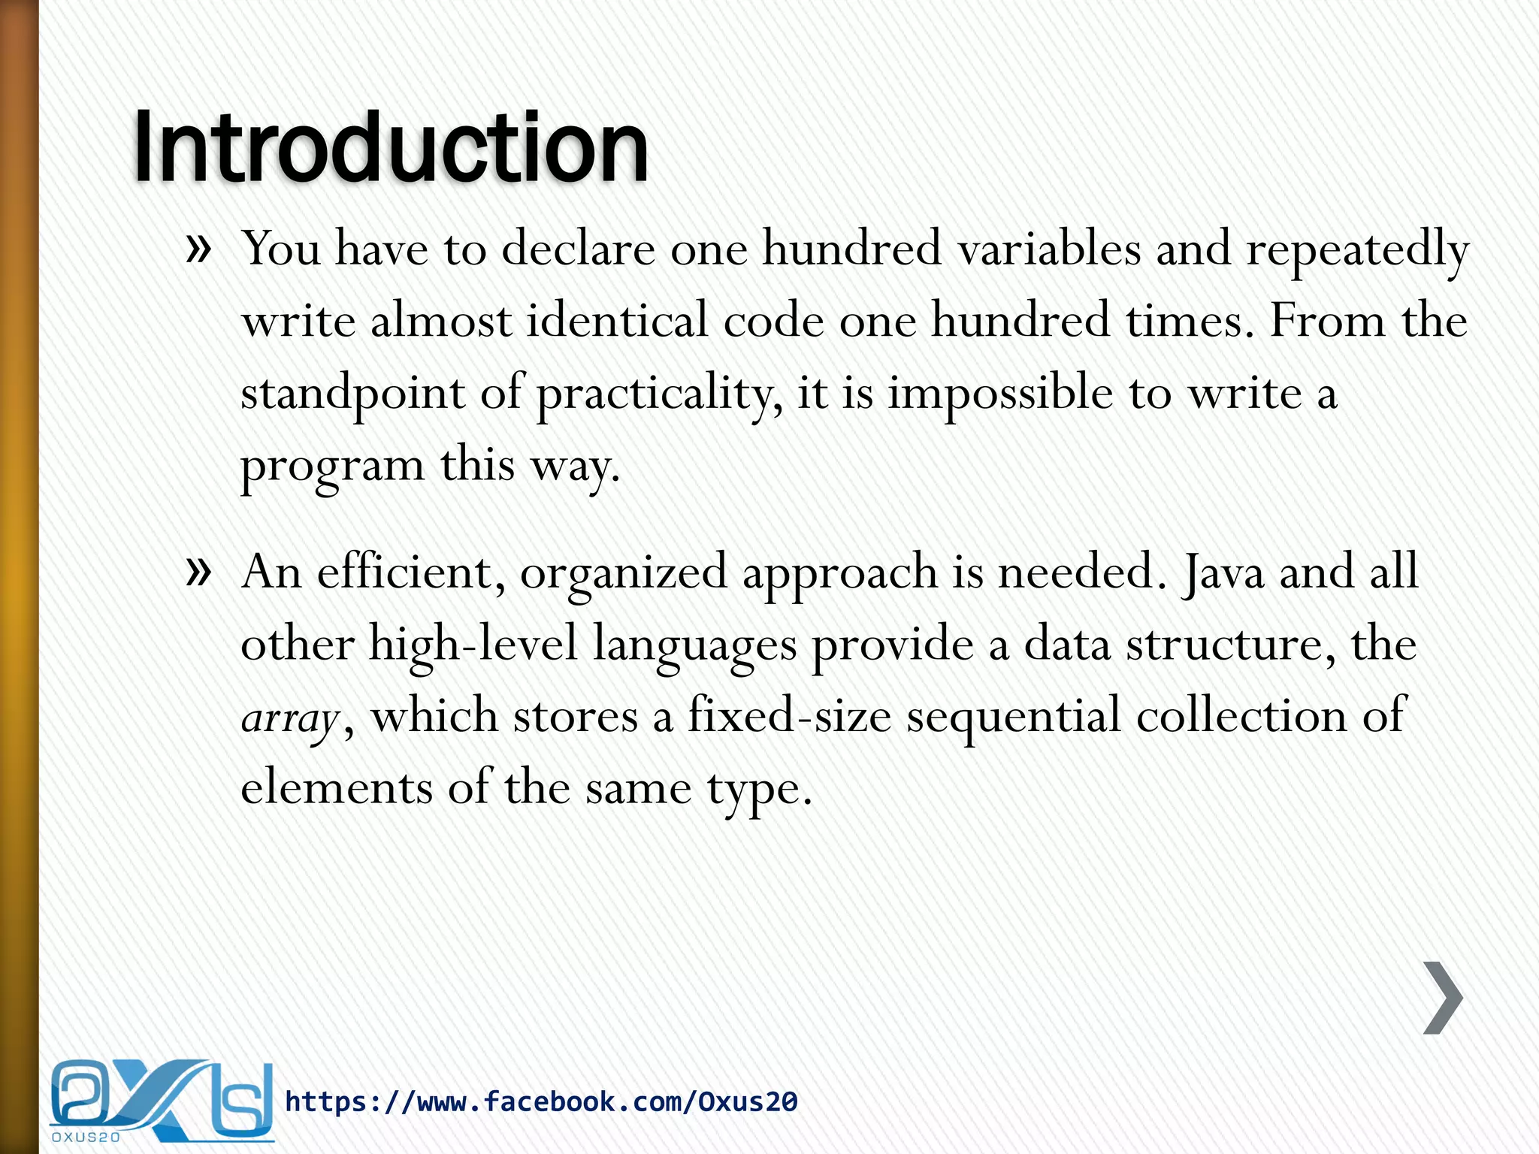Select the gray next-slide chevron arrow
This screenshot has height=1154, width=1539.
point(1443,997)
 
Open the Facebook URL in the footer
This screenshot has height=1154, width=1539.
point(541,1101)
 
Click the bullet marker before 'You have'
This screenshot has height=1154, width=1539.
point(198,249)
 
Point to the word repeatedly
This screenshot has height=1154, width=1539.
point(1357,249)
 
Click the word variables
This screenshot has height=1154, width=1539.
point(1049,248)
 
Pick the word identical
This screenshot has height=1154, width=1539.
point(617,321)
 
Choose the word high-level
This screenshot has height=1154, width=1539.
point(473,645)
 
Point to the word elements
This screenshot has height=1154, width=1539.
point(336,788)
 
